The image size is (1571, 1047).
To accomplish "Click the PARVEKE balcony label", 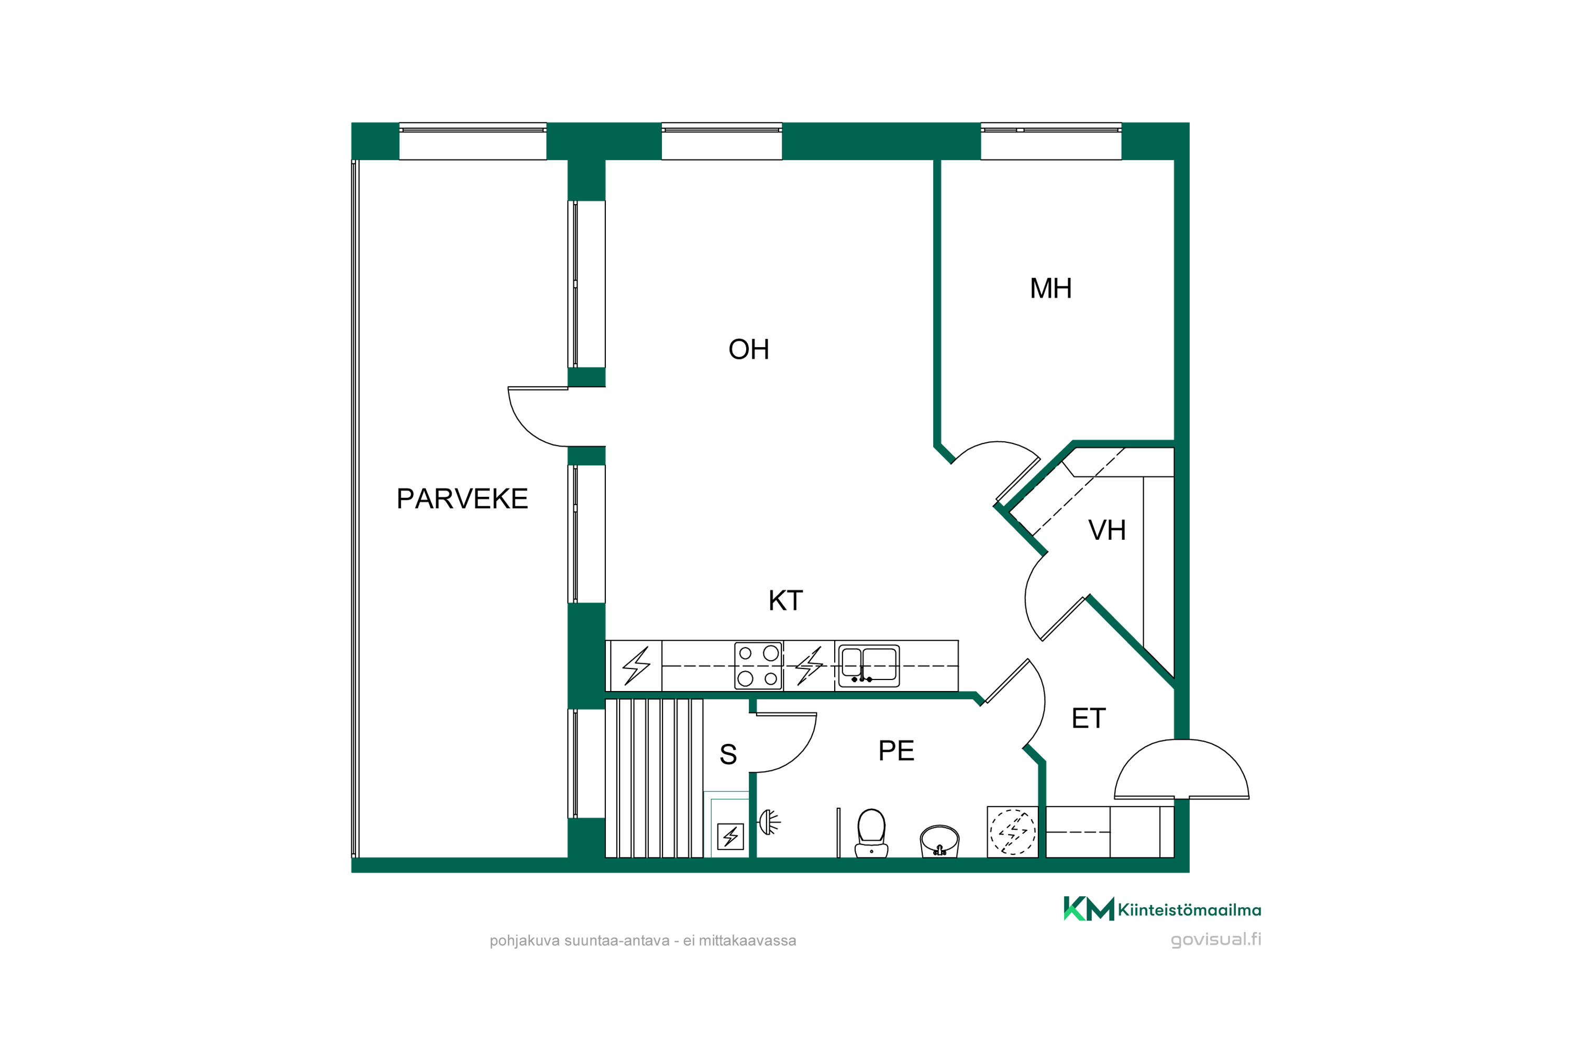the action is coord(462,499).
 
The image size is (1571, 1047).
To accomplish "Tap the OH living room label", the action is coord(749,349).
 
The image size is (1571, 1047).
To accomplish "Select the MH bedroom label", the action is coord(1050,288).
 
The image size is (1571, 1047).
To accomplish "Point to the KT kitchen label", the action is coord(785,600).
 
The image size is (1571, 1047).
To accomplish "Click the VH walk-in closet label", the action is coord(1107,530).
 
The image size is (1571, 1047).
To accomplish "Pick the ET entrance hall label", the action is coord(1089,718).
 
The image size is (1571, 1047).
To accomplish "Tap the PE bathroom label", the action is coord(895,751).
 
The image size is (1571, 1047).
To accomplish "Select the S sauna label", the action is coord(728,754).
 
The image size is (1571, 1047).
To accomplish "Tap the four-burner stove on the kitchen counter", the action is coord(758,666).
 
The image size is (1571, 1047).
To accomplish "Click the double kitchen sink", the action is coord(869,666).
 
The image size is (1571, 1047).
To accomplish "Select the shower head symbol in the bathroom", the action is coord(769,822).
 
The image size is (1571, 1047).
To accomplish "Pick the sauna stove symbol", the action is coord(730,837).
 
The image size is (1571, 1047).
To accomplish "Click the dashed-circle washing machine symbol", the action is coord(1013,832).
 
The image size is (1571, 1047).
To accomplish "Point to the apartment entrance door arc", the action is coord(1181,768).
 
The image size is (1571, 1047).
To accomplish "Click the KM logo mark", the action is coord(1089,909).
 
